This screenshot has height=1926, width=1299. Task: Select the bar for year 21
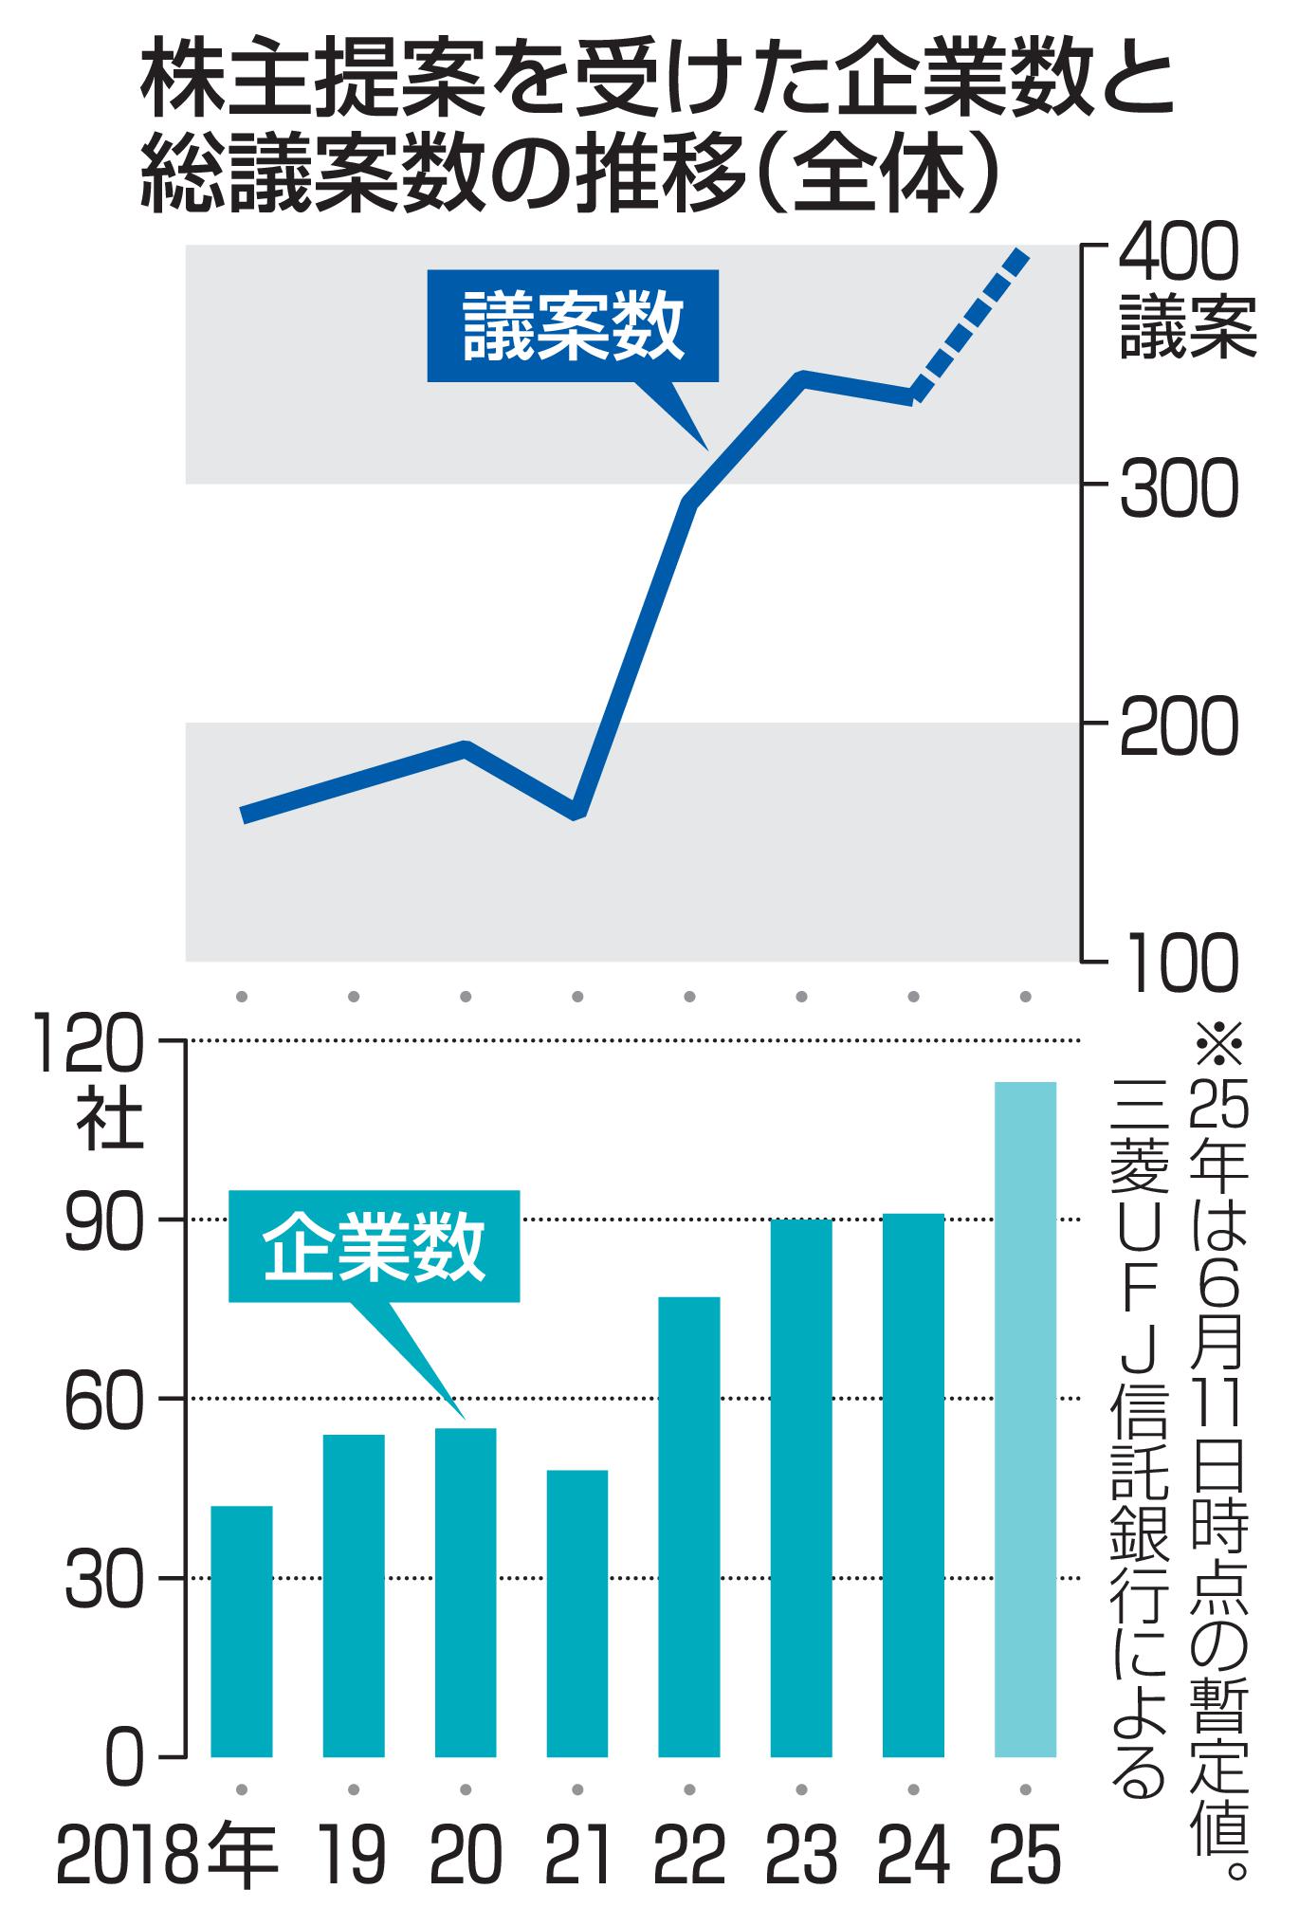pos(576,1613)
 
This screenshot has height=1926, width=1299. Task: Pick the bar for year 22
pos(688,1527)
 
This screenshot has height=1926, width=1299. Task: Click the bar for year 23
pos(800,1488)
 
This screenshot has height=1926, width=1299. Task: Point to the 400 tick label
pos(1179,254)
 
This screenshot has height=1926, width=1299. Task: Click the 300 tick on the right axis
pos(1179,490)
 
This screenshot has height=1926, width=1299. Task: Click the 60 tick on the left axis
pos(106,1400)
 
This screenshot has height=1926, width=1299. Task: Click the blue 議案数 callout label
pos(573,325)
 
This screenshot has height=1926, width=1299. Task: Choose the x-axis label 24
pos(912,1855)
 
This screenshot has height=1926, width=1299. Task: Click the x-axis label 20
pos(465,1855)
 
